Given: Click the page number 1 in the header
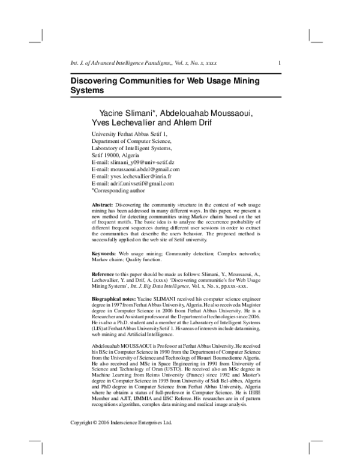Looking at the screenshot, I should coord(281,63).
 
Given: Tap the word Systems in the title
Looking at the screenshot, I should coord(88,91).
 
